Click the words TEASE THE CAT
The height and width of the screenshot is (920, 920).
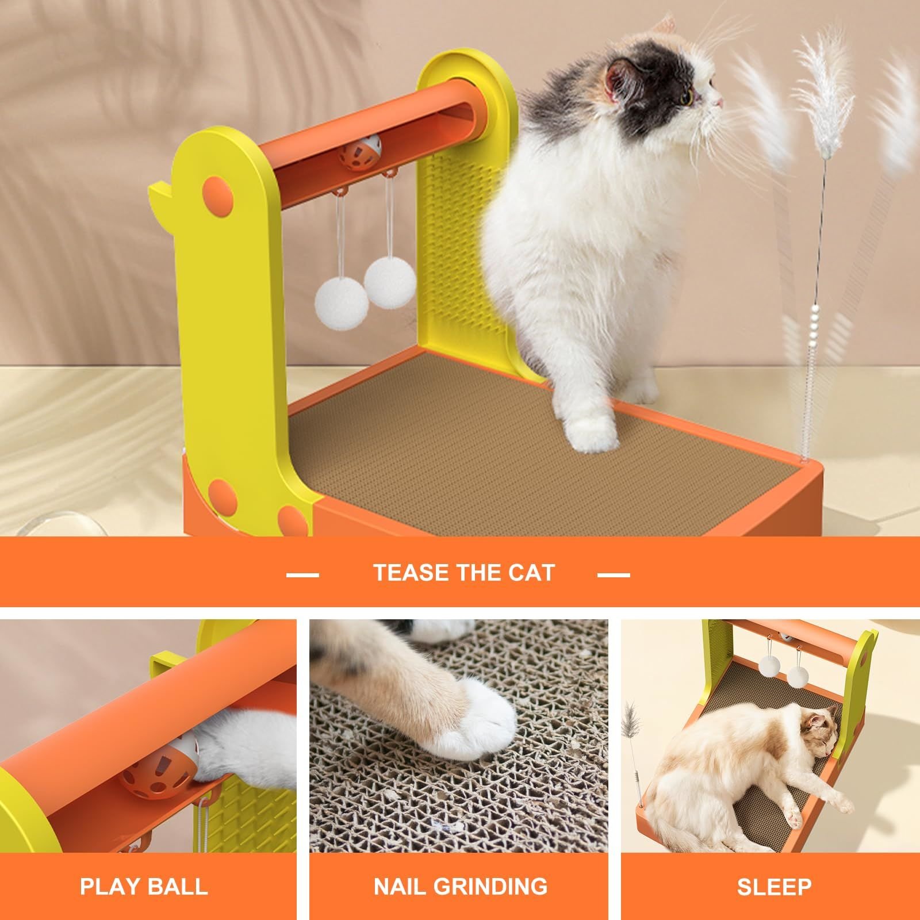463,573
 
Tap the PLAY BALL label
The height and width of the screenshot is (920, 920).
144,886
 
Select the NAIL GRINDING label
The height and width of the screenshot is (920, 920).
461,886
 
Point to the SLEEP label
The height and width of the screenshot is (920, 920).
774,886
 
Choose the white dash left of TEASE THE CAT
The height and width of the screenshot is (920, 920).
302,574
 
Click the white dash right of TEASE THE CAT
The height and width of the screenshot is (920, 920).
614,574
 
